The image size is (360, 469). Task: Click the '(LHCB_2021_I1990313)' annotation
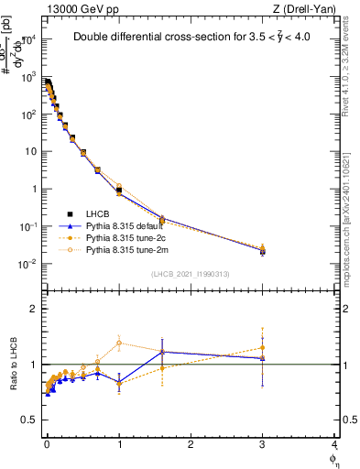191,274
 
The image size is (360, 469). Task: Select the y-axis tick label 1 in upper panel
32,189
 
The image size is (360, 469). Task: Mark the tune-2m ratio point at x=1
119,343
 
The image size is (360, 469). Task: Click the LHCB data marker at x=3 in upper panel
263,250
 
